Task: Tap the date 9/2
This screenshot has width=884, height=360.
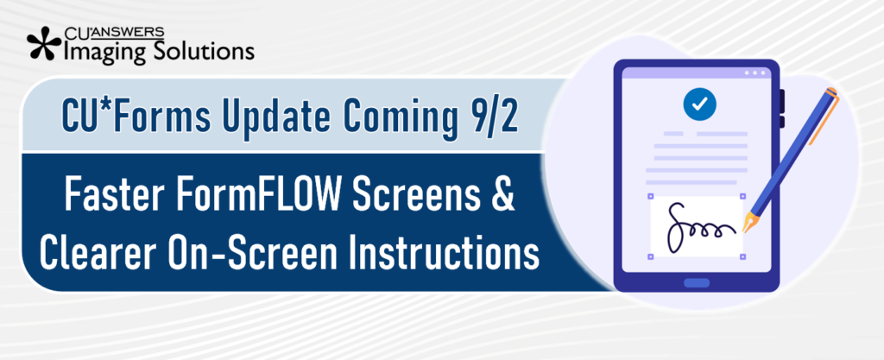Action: (x=495, y=116)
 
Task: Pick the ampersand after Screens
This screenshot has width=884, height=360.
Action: (x=502, y=193)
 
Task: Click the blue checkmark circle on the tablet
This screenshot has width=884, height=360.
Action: (x=699, y=104)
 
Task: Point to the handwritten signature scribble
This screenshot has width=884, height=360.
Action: (x=699, y=226)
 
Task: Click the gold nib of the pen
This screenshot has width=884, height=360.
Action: (x=750, y=223)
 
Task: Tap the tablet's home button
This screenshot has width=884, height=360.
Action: (x=697, y=282)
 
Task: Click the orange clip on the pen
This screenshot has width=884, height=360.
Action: (x=824, y=119)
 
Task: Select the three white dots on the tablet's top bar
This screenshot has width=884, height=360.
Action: (x=755, y=73)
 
